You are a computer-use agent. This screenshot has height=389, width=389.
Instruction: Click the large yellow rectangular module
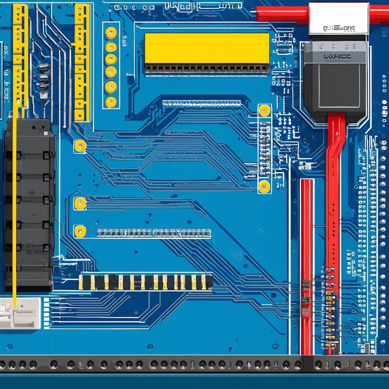pos(207,48)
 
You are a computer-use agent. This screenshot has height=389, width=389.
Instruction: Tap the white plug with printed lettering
pos(338,18)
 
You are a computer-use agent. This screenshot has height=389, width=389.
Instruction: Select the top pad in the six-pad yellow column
pos(111,33)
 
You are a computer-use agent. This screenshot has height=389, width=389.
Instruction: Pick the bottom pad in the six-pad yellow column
pos(111,102)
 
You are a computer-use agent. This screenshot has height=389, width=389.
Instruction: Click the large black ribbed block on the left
pos(29,205)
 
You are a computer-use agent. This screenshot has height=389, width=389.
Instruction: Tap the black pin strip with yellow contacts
pos(145,282)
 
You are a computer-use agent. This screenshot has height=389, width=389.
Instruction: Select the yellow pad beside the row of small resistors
pos(80,231)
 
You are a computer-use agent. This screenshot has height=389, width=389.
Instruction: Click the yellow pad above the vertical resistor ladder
pos(264,111)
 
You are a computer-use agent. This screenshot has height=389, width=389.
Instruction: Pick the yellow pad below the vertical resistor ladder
pos(264,186)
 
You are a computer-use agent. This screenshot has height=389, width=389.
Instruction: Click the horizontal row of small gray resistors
pos(154,232)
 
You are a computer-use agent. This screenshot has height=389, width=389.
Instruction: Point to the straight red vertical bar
pos(307,266)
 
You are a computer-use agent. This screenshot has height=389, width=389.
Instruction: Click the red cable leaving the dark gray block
pos(334,190)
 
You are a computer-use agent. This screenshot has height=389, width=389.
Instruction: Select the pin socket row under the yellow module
pos(207,69)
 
